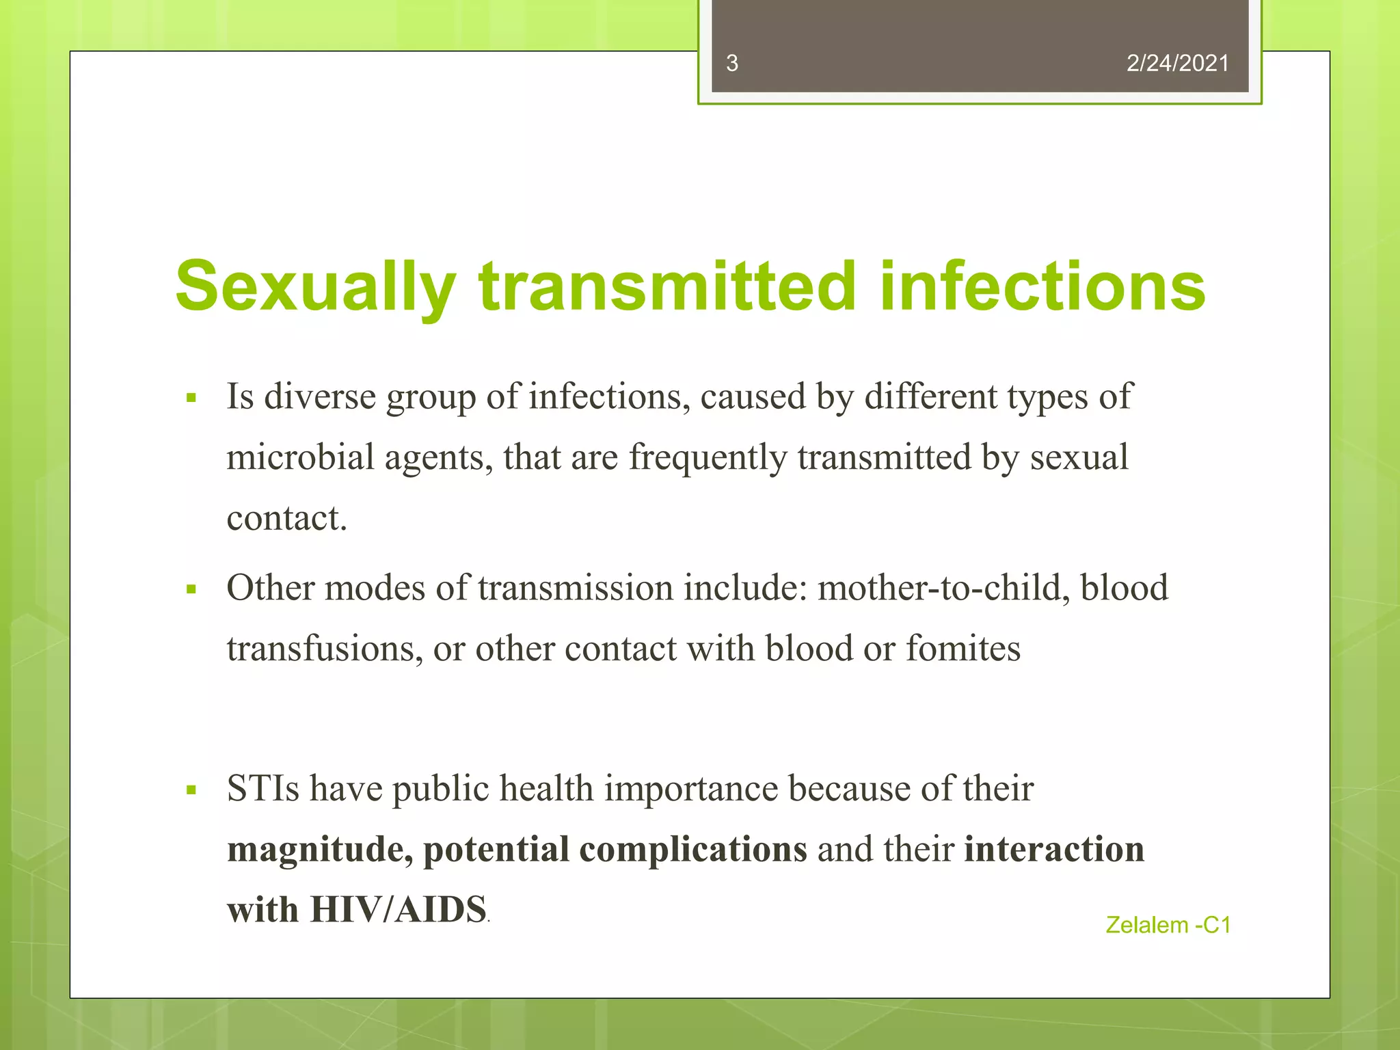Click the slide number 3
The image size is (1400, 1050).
point(731,64)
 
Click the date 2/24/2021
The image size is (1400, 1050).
point(1177,64)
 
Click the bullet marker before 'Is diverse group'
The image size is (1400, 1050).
point(191,397)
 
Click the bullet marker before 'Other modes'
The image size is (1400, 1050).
point(191,589)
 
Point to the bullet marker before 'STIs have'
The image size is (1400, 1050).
point(191,790)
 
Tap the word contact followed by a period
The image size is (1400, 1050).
point(286,518)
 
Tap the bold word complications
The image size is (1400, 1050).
point(692,850)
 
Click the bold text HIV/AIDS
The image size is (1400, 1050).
point(398,910)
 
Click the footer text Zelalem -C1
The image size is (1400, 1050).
point(1168,925)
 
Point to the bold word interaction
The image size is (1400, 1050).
point(1054,849)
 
